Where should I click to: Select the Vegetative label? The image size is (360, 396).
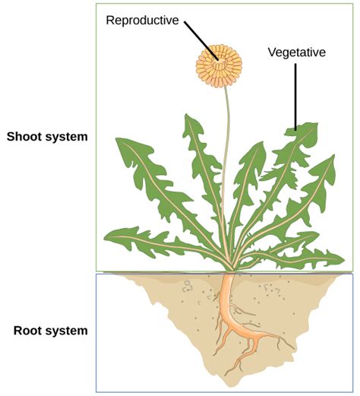click(x=296, y=52)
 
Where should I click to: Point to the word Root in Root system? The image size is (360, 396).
click(x=29, y=331)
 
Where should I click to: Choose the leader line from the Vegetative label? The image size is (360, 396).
click(x=295, y=95)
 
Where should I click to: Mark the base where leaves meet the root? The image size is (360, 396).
click(x=229, y=271)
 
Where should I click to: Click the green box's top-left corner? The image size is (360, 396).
click(x=96, y=3)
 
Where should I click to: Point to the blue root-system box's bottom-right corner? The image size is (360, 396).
click(x=353, y=391)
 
